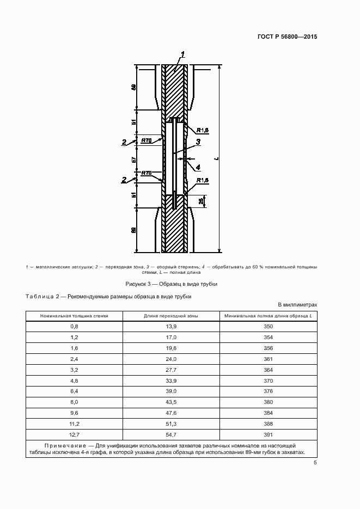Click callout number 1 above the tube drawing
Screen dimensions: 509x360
coord(184,53)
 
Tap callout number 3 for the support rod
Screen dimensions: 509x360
coord(198,142)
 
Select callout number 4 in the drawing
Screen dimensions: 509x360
coord(198,167)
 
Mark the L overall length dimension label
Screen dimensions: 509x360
coord(216,159)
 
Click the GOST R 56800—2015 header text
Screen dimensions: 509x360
coord(287,38)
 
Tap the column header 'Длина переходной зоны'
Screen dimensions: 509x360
coord(170,316)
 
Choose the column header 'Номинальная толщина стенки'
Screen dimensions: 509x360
coord(74,316)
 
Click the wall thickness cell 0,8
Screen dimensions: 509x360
coord(74,326)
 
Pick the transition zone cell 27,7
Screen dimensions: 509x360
coord(170,370)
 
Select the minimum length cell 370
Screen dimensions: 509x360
coord(267,381)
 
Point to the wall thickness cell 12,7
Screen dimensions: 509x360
coord(74,435)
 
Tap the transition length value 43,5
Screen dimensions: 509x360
coord(170,402)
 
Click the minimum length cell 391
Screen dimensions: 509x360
coord(267,435)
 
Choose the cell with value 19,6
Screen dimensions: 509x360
coord(170,348)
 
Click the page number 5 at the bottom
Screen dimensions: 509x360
coord(315,463)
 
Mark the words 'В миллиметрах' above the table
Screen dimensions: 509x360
coord(297,305)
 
